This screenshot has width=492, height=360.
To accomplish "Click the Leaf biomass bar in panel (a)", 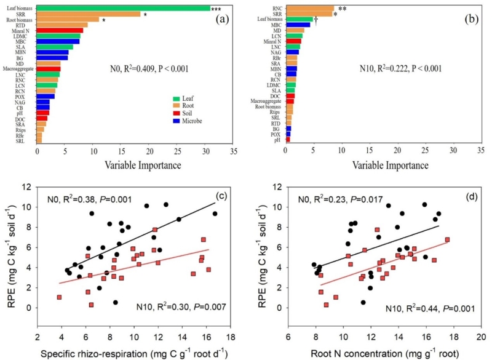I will (x=123, y=8).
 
